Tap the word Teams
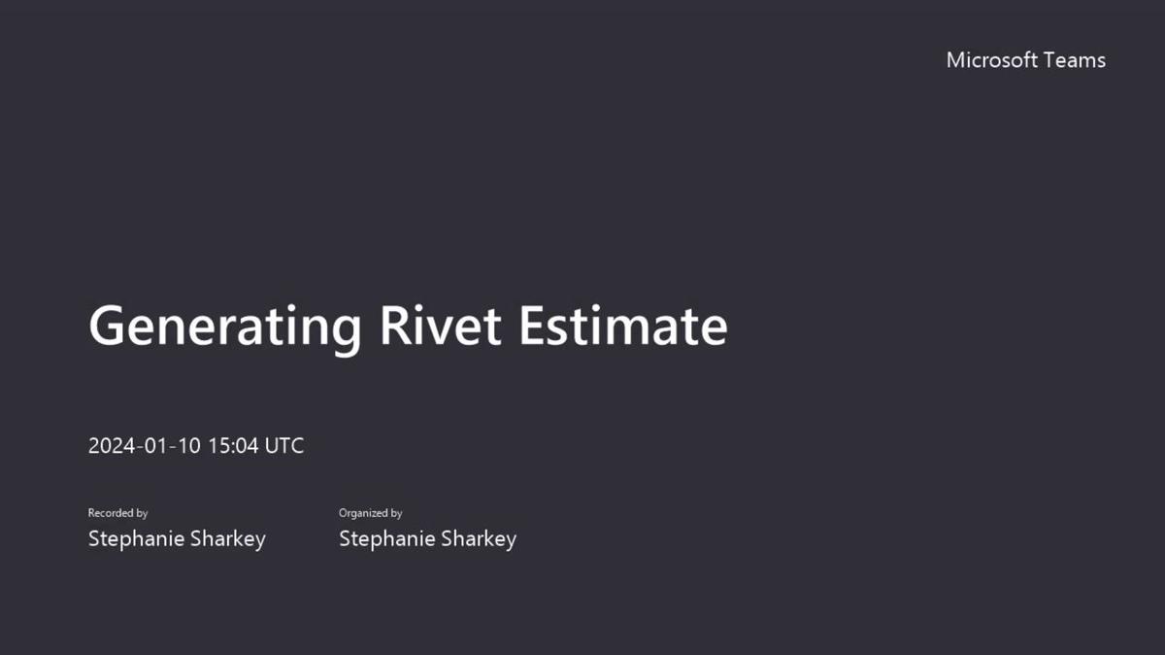(x=1074, y=60)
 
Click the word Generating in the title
(x=224, y=327)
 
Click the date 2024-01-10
(x=145, y=446)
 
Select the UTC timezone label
(x=284, y=446)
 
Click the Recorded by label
(x=117, y=513)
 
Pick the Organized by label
(x=370, y=513)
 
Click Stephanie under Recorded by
(x=134, y=538)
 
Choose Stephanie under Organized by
(x=384, y=538)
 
